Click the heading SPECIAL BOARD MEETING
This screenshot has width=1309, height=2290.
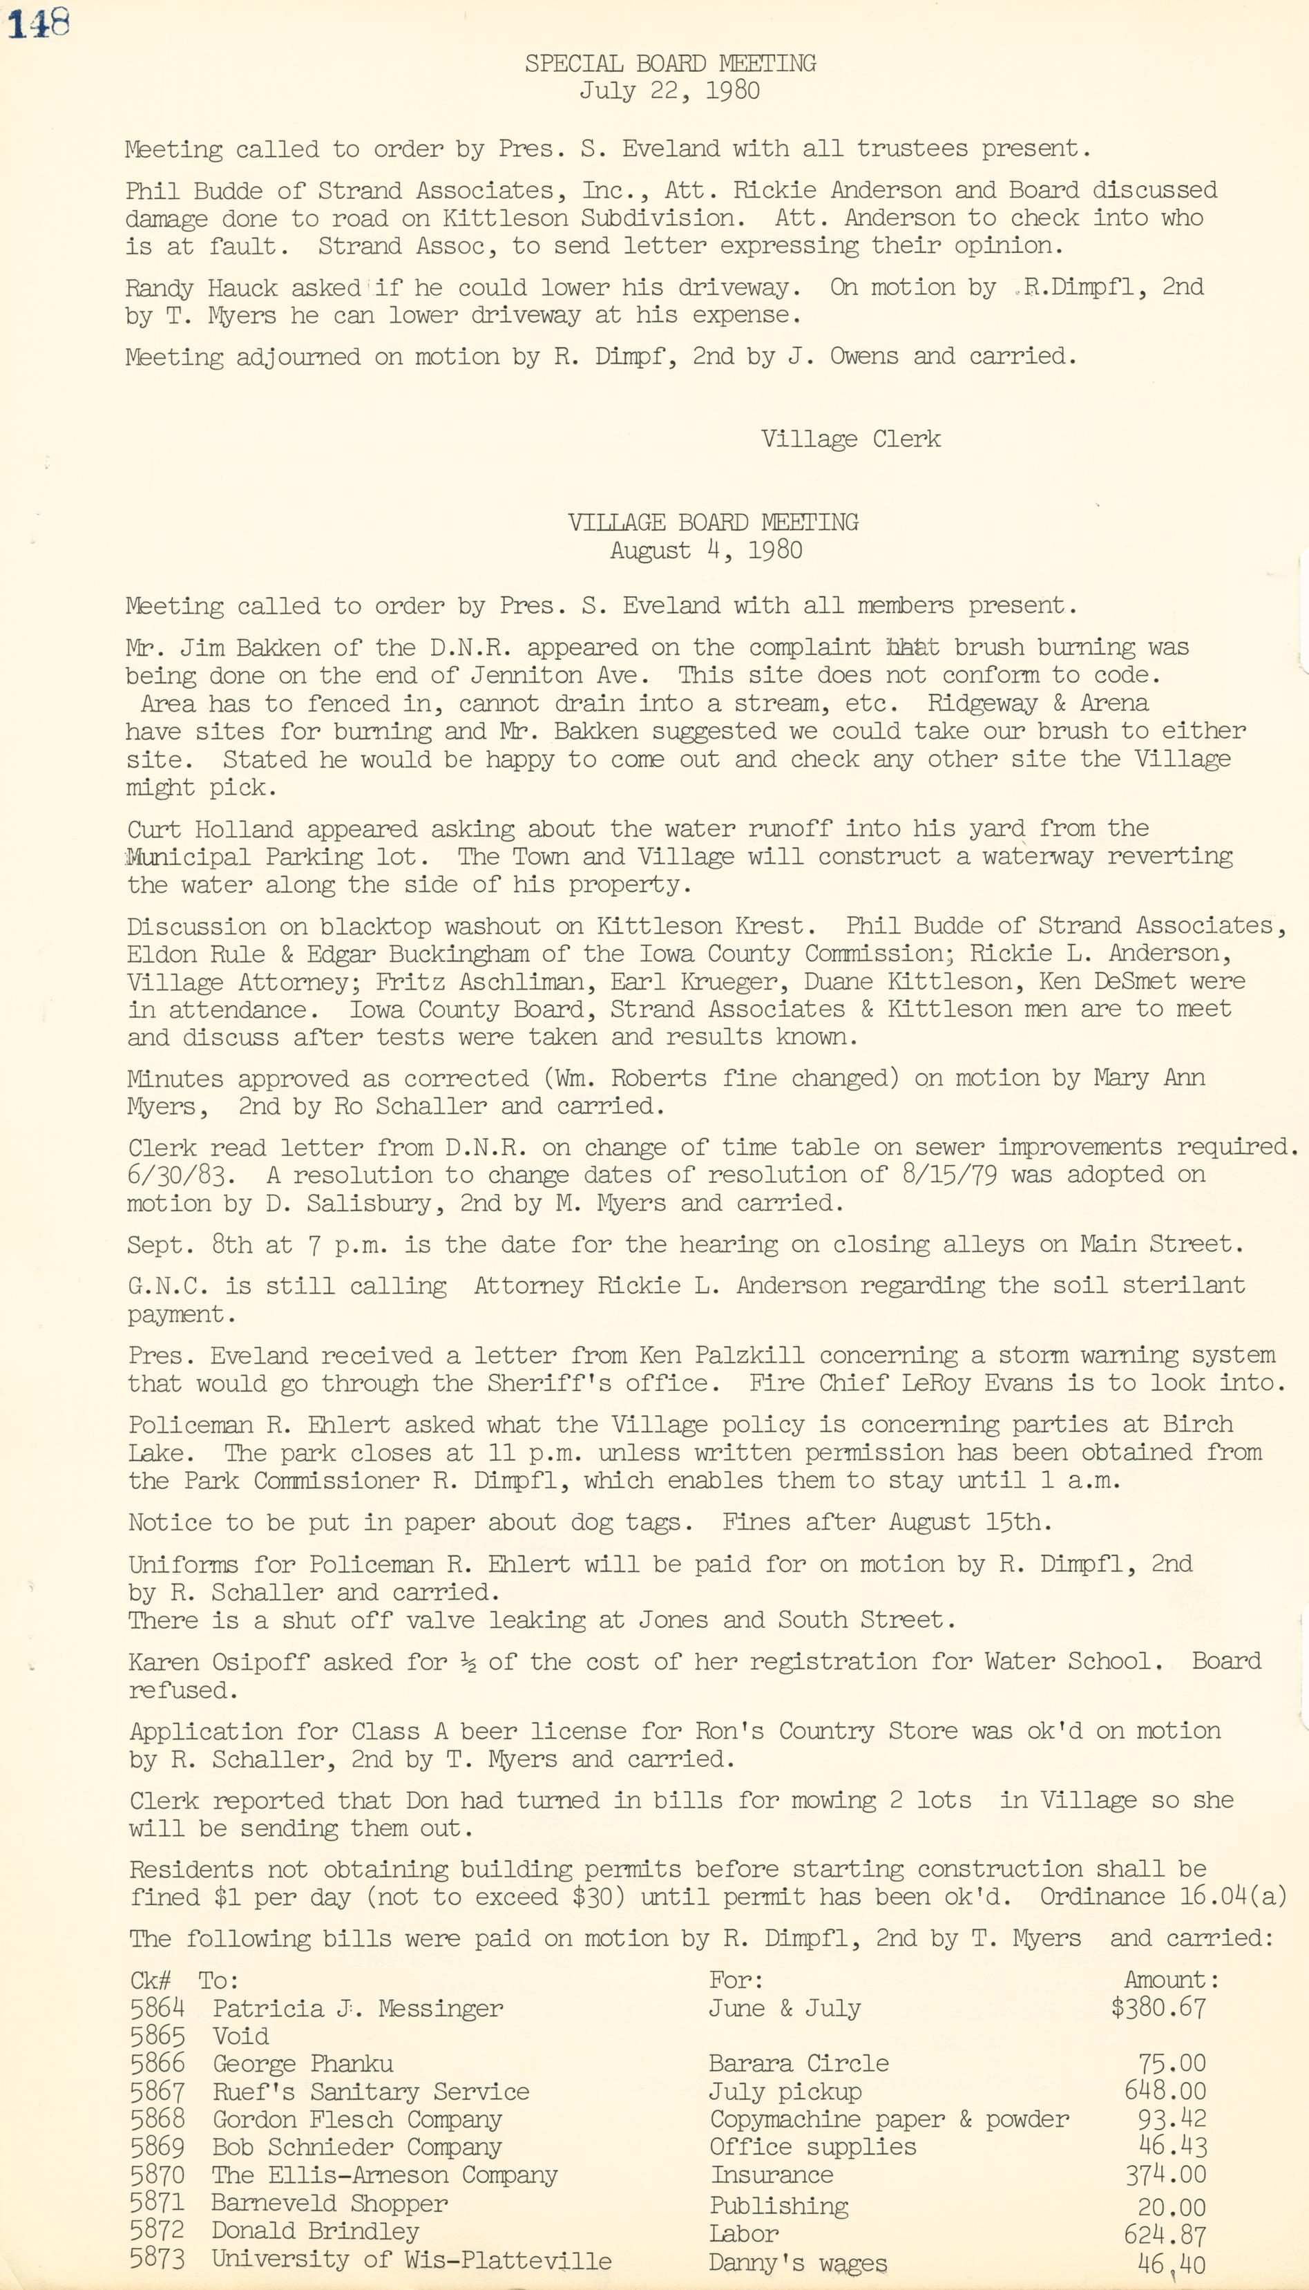point(670,64)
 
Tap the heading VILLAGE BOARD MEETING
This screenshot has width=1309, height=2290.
point(712,522)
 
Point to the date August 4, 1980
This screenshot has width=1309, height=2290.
point(706,550)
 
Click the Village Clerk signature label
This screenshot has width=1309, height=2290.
point(850,439)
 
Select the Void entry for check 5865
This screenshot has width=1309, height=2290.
point(240,2036)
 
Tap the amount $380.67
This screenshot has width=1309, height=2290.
point(1158,2007)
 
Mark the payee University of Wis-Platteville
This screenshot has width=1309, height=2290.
point(411,2260)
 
